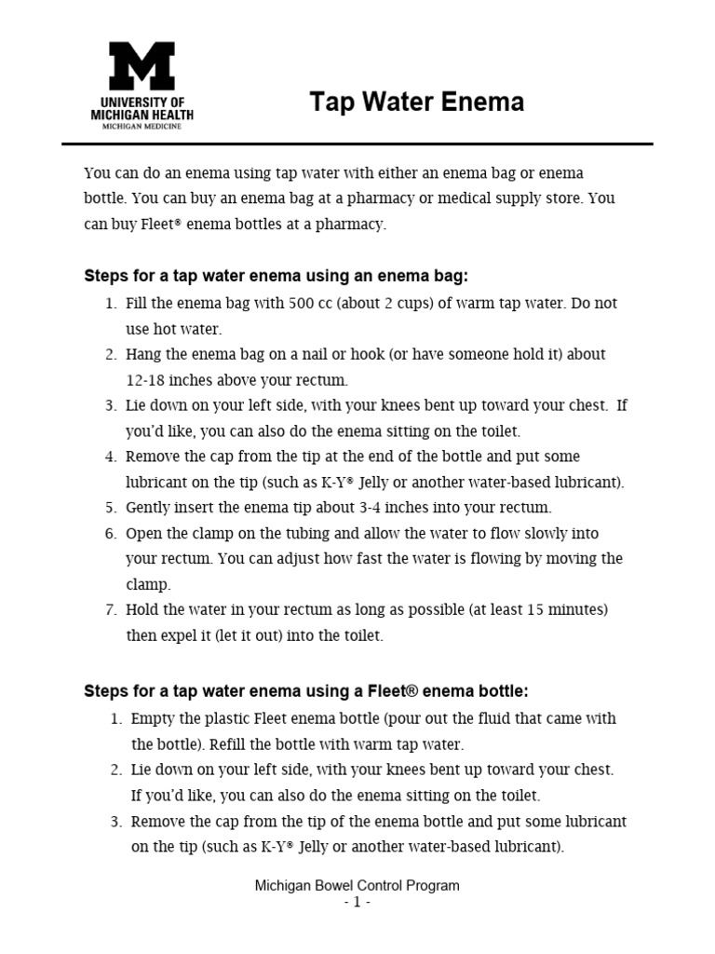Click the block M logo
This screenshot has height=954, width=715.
(x=142, y=65)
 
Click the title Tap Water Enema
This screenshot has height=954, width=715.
(x=416, y=102)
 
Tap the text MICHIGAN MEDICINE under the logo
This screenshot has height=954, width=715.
(x=142, y=126)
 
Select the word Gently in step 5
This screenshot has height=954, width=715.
(x=150, y=508)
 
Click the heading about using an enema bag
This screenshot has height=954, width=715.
(x=277, y=277)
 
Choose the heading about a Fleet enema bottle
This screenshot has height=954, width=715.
(x=306, y=691)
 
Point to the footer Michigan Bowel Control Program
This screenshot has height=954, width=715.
(x=357, y=886)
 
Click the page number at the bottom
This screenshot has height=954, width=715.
(x=357, y=903)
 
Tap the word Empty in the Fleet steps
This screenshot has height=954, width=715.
(x=153, y=719)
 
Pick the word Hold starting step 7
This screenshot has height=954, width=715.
(x=143, y=609)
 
